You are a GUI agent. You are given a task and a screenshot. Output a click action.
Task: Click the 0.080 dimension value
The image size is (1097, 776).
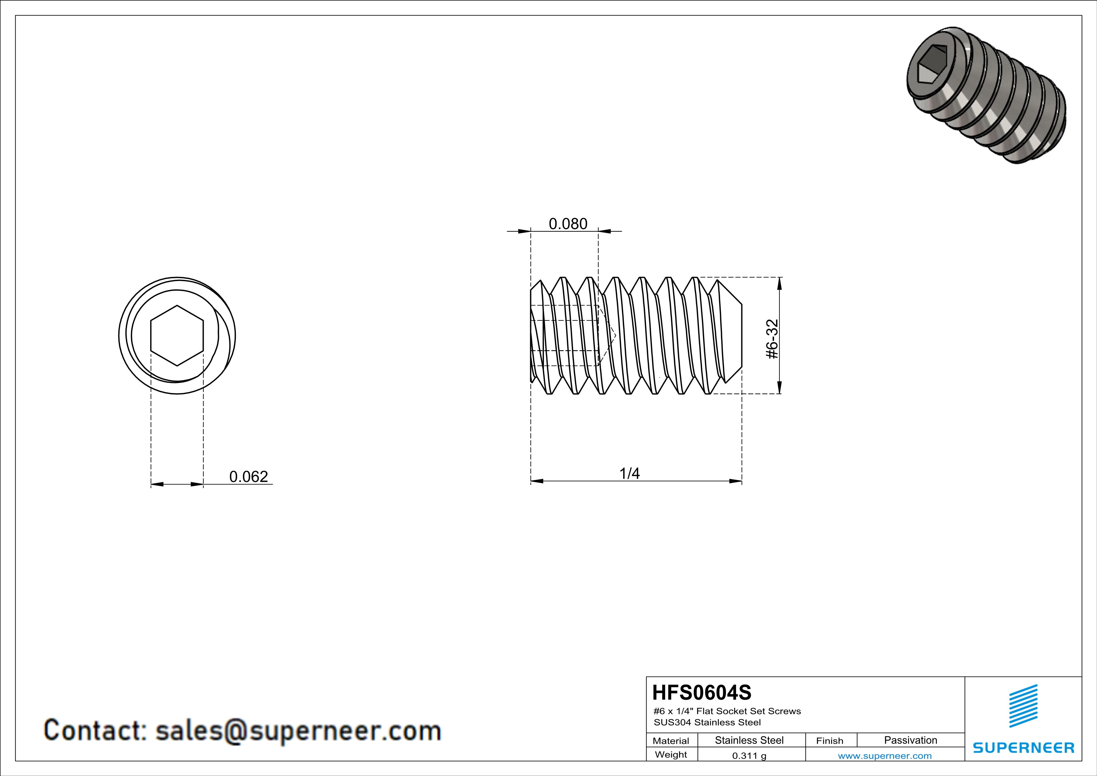568,224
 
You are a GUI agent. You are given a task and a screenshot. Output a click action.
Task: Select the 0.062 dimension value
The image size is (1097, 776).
248,477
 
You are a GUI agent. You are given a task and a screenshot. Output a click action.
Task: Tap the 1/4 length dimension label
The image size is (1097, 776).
629,473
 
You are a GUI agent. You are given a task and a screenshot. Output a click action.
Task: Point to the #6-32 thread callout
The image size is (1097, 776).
772,339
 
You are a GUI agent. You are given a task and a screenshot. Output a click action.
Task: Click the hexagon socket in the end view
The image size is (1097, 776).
177,335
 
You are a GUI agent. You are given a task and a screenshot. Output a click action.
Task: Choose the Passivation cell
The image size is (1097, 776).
911,740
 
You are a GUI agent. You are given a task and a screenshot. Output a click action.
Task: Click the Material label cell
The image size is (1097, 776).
671,741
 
